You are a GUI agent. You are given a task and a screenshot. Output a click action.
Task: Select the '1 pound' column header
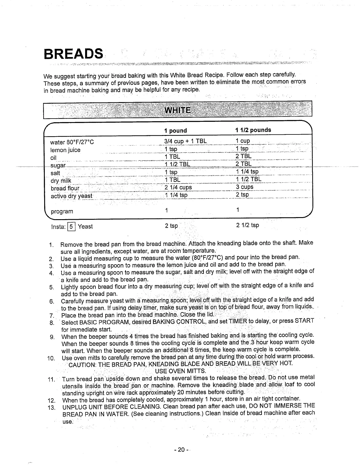pos(176,131)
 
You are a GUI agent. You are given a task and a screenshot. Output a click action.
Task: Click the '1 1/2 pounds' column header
pos(253,130)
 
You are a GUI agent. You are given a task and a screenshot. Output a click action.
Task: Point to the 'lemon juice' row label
pos(65,150)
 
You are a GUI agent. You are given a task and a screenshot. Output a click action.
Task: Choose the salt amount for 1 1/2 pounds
pos(247,172)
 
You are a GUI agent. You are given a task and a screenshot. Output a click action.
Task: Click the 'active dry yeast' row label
pos(72,196)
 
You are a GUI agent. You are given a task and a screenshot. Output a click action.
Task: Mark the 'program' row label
pos(62,212)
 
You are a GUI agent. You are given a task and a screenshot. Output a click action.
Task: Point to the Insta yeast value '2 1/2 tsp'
pos(247,225)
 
